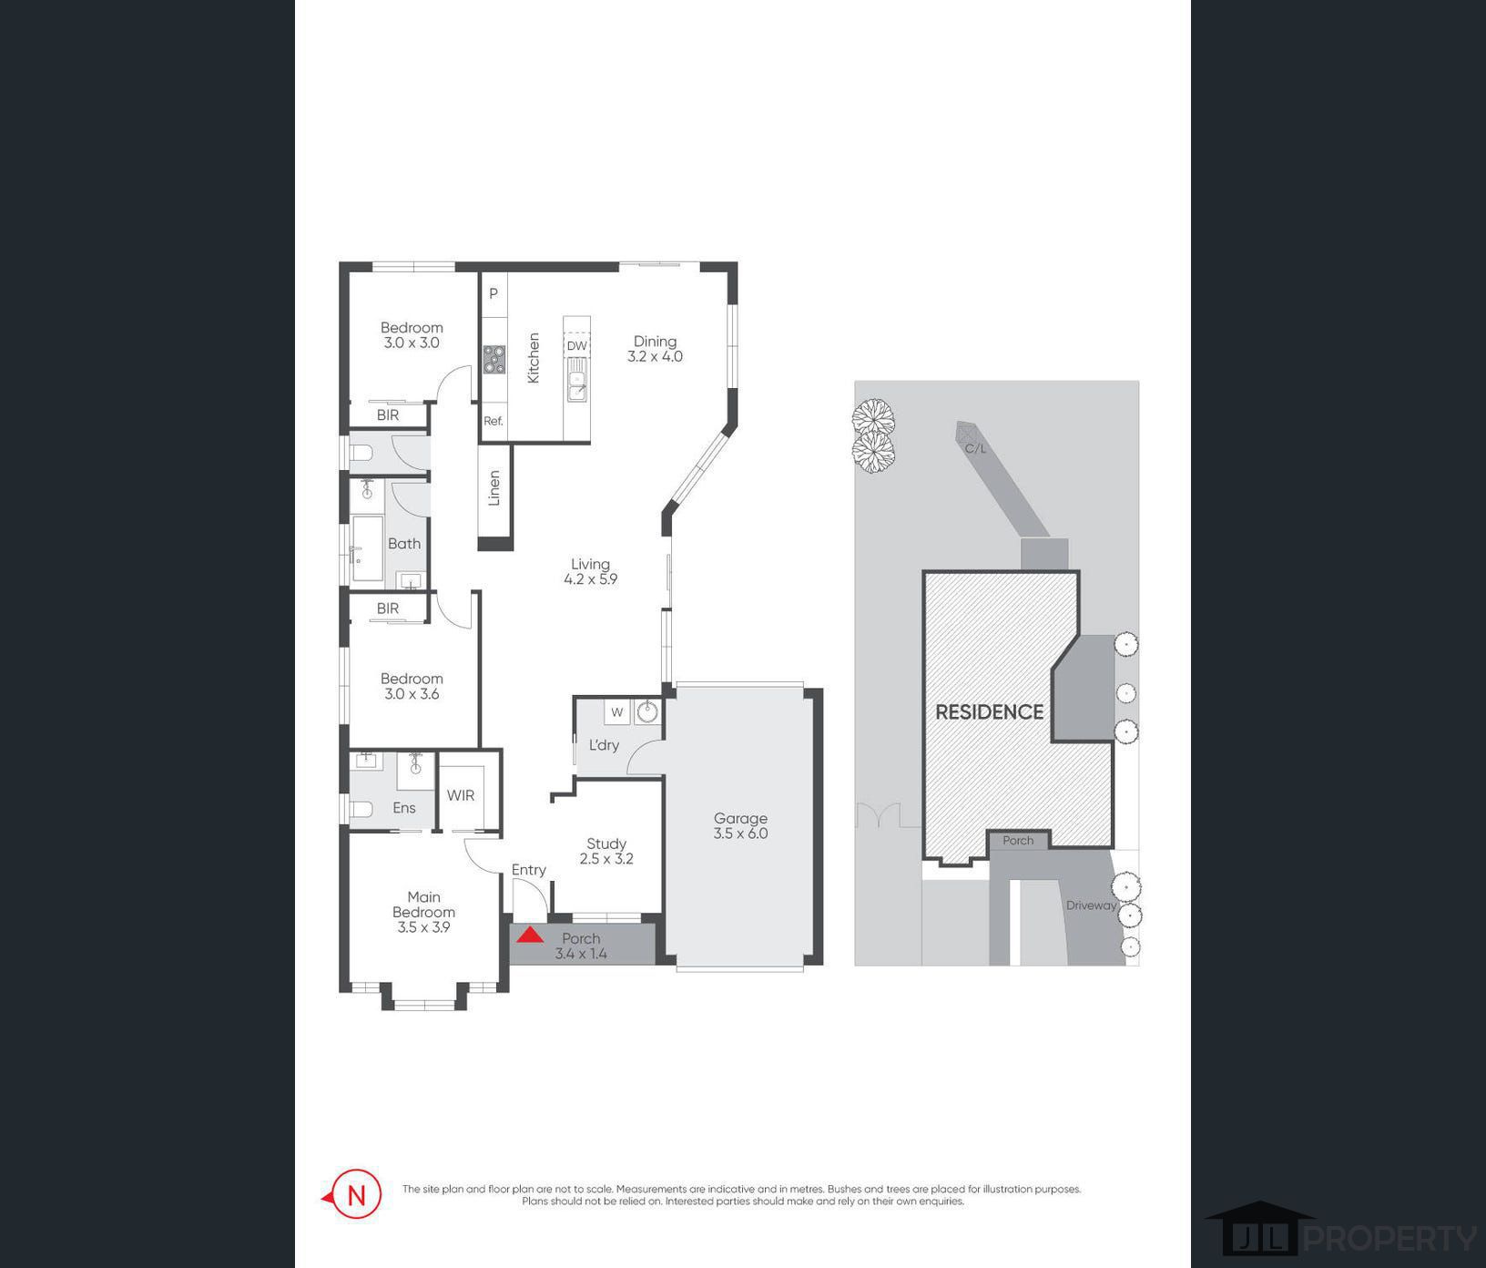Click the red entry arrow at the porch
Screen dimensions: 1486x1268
530,934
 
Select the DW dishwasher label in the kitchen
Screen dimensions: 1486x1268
576,346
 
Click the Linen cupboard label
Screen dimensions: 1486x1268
494,487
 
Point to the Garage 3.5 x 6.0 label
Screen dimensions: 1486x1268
740,826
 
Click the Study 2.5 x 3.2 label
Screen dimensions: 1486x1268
606,851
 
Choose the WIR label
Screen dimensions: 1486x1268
461,795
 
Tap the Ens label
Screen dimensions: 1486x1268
404,808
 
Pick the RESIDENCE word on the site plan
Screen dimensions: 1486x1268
990,712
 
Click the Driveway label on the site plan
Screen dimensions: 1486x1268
1091,905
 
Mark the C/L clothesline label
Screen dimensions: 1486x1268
975,448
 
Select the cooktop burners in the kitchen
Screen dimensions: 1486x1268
494,360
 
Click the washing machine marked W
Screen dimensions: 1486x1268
617,712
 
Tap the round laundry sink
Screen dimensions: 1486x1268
647,711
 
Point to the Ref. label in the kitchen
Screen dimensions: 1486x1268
494,421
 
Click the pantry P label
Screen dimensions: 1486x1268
494,293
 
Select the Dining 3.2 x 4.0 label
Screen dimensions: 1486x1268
655,349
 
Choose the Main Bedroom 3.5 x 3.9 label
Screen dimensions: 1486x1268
423,912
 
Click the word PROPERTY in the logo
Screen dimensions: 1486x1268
1391,1239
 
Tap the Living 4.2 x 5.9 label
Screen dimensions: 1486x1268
590,571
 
